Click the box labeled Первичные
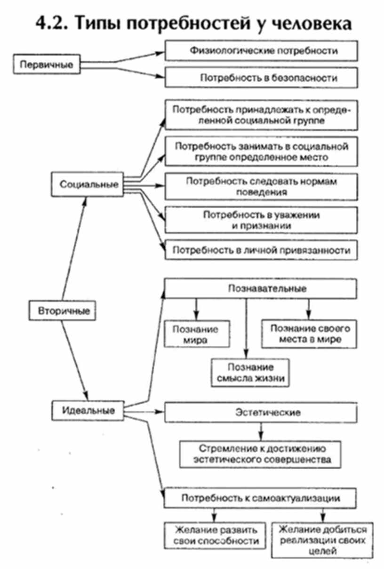tap(46, 65)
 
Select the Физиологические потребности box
tap(261, 50)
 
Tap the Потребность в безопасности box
tap(261, 78)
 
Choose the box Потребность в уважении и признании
tap(261, 220)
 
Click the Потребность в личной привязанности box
tap(261, 249)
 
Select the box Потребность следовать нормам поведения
tap(261, 187)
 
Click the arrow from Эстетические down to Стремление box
tap(260, 431)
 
